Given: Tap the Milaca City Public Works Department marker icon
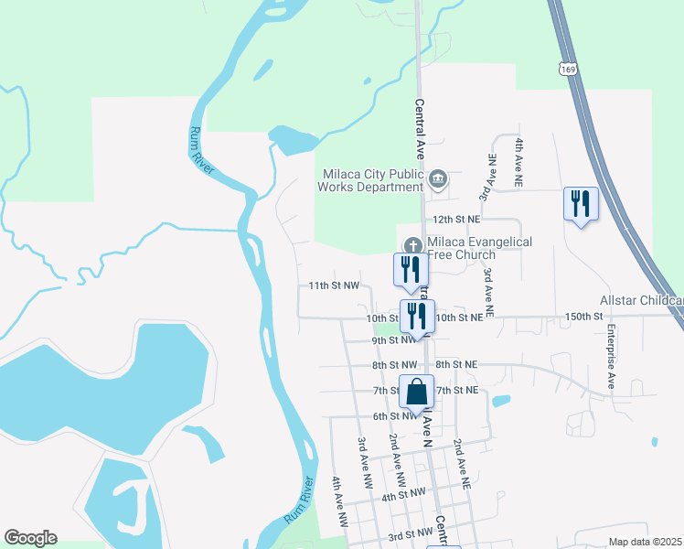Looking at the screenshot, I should pos(438,178).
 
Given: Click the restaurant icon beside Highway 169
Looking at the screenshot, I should pos(580,202).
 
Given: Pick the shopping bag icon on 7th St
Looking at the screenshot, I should pos(416,392).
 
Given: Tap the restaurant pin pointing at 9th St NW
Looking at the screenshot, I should pos(416,316).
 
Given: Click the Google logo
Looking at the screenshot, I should pos(30,538).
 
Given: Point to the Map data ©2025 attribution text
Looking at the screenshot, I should pos(645,542).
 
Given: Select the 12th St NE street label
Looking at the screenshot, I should pos(456,220).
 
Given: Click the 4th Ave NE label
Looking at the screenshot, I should pos(518,163).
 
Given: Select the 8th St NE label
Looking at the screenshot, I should pos(456,364).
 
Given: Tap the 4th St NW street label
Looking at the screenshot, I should pos(404,493).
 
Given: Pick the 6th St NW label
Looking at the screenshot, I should pos(394,416).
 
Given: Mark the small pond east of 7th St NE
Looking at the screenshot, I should pos(500,401).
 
